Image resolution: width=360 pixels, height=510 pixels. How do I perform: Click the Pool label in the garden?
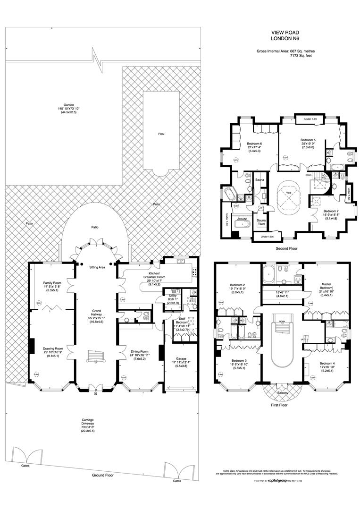pyautogui.click(x=161, y=134)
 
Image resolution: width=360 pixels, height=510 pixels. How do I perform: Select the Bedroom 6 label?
pyautogui.click(x=254, y=144)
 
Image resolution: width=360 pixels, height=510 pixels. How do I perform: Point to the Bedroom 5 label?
pyautogui.click(x=308, y=140)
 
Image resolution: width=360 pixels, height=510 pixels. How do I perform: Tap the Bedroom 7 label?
pyautogui.click(x=331, y=211)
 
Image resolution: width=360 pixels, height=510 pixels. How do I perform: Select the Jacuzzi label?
pyautogui.click(x=243, y=220)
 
